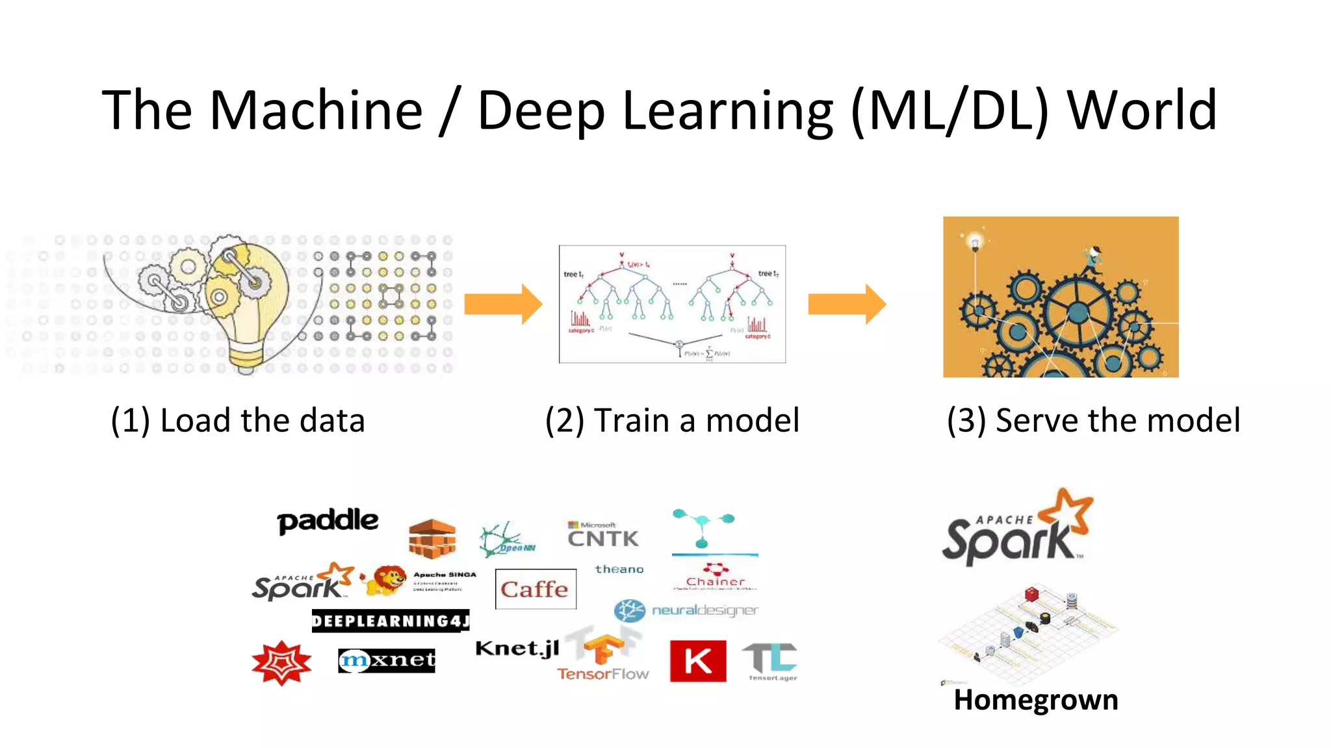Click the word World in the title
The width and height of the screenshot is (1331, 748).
[x=1141, y=110]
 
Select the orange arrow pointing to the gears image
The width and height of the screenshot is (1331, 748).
[x=846, y=304]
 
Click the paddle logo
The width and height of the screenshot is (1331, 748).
[x=328, y=521]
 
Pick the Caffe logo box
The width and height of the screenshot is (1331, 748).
[x=535, y=589]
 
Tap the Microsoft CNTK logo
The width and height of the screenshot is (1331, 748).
[x=602, y=534]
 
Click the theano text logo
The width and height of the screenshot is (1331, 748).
[x=619, y=569]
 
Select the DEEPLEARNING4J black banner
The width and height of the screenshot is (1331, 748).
[x=390, y=621]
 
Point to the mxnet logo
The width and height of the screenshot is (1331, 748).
[x=387, y=660]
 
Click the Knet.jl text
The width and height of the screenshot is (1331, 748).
[x=517, y=649]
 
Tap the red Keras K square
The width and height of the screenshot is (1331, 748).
[x=697, y=661]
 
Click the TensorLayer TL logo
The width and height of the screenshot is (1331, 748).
[x=771, y=660]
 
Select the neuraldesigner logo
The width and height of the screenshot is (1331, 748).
[x=686, y=610]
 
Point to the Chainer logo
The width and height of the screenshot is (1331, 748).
[x=715, y=577]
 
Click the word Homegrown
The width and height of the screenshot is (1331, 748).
[x=1035, y=700]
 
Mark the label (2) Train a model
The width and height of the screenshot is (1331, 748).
[x=672, y=420]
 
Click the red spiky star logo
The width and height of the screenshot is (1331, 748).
[x=281, y=663]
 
